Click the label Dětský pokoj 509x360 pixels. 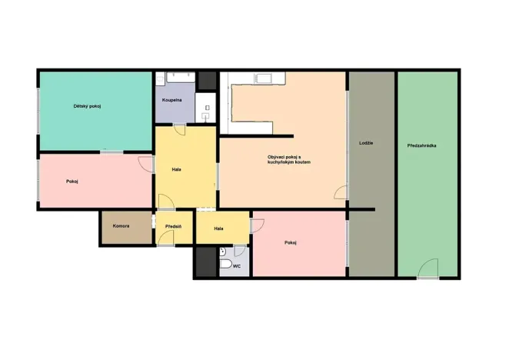tap(88, 105)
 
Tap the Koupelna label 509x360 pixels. tap(171, 101)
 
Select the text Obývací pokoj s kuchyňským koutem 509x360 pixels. tap(284, 160)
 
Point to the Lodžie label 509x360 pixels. tap(366, 144)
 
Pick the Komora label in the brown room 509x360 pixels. tap(121, 226)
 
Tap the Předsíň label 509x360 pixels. tap(173, 227)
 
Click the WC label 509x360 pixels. tap(237, 266)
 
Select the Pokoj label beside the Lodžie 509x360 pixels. tap(291, 243)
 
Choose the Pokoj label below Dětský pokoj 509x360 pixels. tap(72, 182)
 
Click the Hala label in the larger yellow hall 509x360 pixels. tap(176, 168)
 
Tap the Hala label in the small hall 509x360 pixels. tap(218, 228)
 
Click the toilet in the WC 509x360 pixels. tap(225, 265)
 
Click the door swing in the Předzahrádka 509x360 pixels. tap(428, 268)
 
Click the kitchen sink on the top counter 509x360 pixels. tap(263, 78)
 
